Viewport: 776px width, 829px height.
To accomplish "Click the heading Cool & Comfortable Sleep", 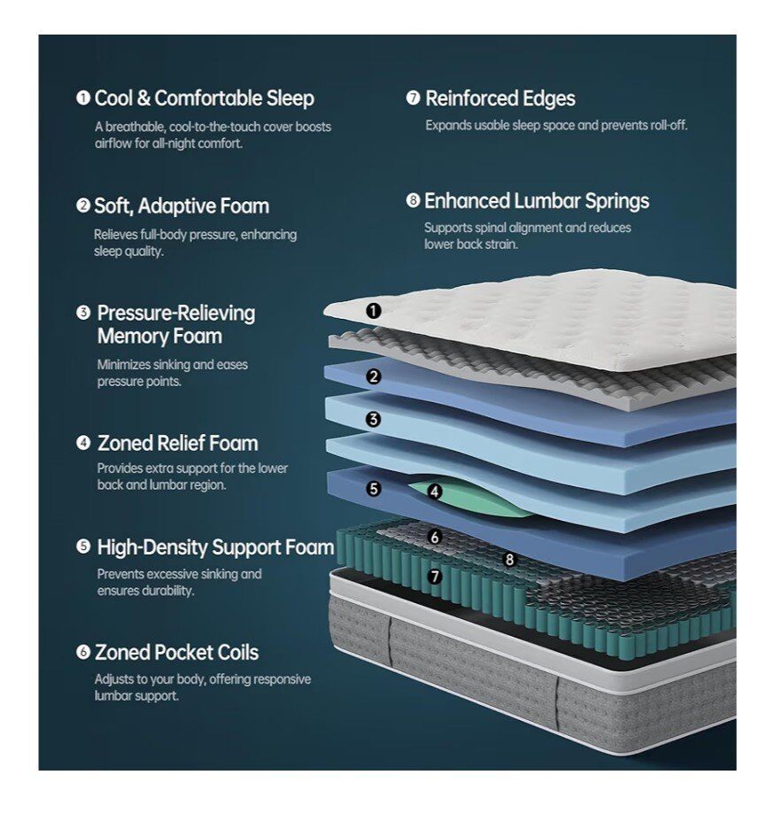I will coord(204,98).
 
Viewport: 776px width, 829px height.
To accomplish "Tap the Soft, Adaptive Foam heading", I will coord(181,206).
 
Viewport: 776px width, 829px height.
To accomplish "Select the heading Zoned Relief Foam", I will coord(177,443).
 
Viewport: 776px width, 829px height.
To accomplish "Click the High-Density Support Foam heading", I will coord(215,547).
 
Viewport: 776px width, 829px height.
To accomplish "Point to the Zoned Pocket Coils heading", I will coord(176,653).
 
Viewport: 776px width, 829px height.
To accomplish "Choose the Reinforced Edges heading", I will coord(500,98).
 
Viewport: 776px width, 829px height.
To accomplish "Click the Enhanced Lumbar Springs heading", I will coord(536,201).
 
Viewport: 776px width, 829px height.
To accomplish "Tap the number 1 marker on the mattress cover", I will coord(374,311).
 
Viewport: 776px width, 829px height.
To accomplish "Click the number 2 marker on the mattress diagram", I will coord(374,377).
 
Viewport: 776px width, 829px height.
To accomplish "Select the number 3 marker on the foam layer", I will coord(374,420).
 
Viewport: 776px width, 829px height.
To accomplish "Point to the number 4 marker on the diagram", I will coord(434,490).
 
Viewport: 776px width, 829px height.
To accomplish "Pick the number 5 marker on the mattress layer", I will coord(374,488).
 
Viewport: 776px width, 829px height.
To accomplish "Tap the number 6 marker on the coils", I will coord(434,537).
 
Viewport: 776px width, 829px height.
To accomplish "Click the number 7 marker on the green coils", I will coord(434,576).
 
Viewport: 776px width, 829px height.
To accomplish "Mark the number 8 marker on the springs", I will coord(509,559).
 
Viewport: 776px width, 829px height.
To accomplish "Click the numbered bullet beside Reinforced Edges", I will coord(413,98).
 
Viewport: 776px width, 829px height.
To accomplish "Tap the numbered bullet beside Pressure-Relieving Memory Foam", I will coord(83,313).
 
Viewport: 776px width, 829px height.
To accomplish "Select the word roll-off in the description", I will coord(669,126).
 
